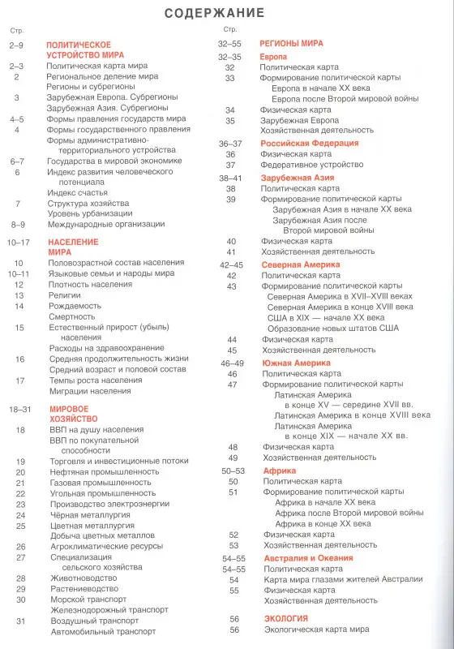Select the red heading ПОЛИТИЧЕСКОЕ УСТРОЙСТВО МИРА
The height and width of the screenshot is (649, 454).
79,52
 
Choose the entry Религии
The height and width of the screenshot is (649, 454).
63,295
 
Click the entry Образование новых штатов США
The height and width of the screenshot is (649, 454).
333,328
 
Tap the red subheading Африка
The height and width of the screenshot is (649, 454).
280,471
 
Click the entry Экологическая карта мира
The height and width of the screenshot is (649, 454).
315,629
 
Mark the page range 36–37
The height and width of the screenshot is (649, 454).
230,143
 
